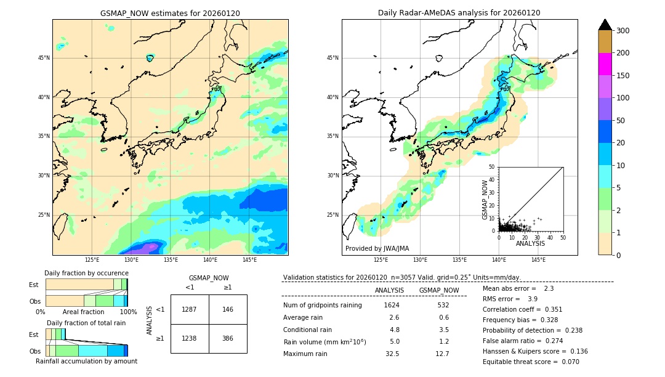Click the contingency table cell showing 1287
pos(190,309)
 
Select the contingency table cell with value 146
pos(228,309)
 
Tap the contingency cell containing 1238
pos(190,339)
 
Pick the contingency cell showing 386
pos(228,339)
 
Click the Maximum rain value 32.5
pos(392,354)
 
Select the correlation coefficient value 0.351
pos(550,309)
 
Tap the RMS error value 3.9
pos(533,299)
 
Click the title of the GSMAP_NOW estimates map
pos(170,13)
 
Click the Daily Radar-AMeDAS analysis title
pos(459,13)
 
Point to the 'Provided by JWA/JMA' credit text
pos(377,248)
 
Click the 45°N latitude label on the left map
pos(44,58)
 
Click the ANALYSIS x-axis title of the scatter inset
pos(530,244)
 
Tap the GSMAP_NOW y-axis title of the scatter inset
pos(485,200)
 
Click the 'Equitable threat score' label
pos(522,362)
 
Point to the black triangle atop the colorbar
pos(605,25)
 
